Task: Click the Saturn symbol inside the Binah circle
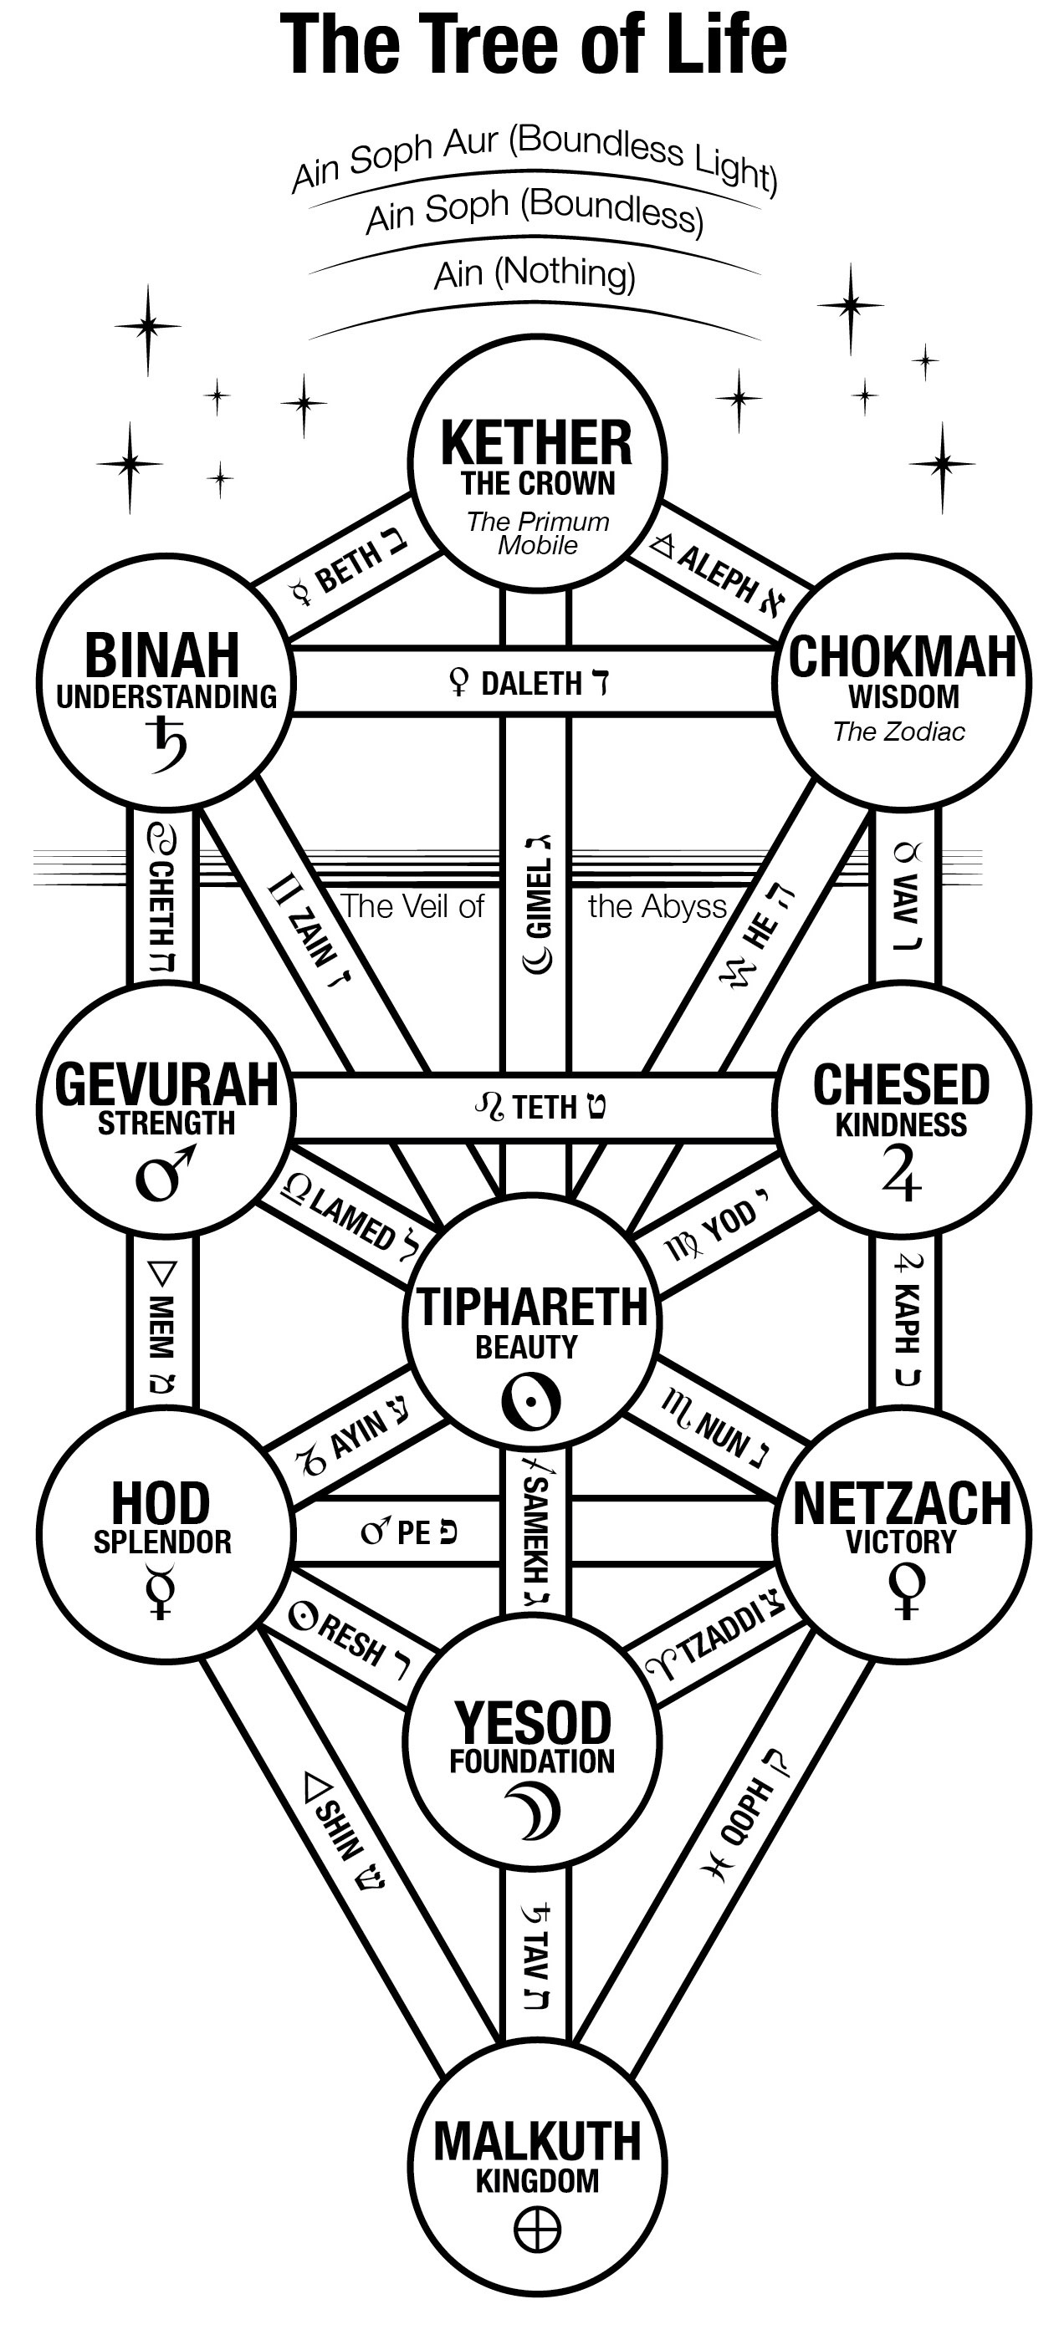pyautogui.click(x=167, y=743)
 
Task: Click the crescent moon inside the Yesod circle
pyautogui.click(x=532, y=1811)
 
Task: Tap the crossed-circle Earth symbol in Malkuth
pyautogui.click(x=537, y=2230)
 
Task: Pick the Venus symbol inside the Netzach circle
pyautogui.click(x=905, y=1590)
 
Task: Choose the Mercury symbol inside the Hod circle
pyautogui.click(x=161, y=1589)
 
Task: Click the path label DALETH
pyautogui.click(x=531, y=683)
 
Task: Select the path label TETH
pyautogui.click(x=544, y=1107)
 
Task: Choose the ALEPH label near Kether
pyautogui.click(x=717, y=571)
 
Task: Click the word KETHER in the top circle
pyautogui.click(x=536, y=443)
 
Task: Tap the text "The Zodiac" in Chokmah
pyautogui.click(x=898, y=732)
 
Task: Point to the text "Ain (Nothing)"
pyautogui.click(x=535, y=274)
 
